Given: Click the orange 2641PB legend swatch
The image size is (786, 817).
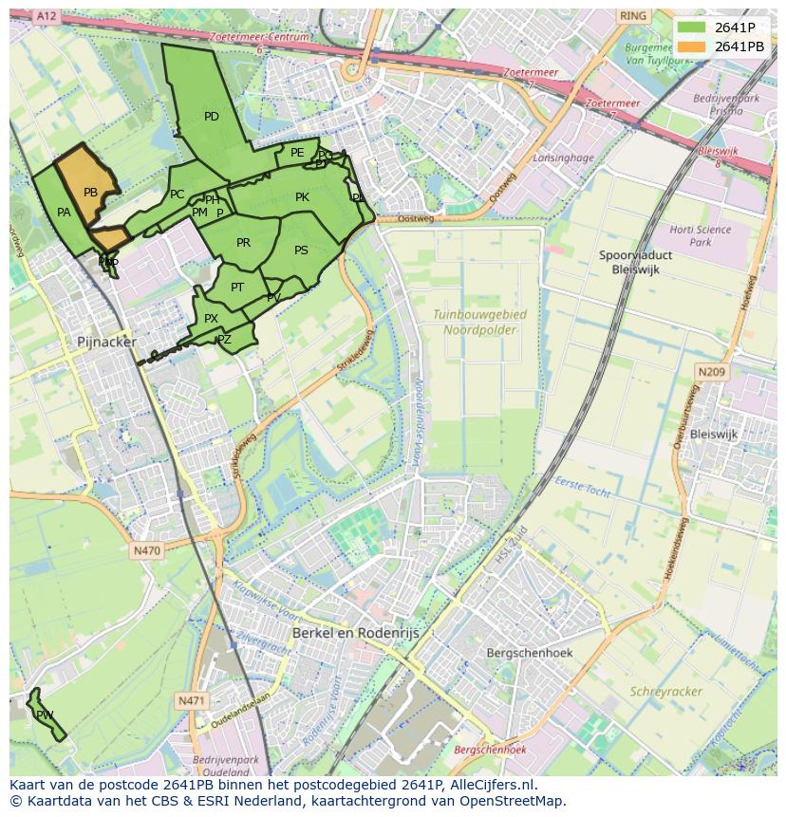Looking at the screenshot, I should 692,46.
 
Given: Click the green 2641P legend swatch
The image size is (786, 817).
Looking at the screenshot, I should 692,28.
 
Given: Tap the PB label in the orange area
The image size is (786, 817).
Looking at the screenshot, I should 90,193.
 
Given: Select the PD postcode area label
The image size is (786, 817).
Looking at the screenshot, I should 212,117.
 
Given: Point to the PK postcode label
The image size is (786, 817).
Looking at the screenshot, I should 302,197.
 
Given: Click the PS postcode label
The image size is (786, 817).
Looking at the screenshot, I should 301,251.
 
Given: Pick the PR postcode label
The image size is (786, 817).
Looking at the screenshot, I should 243,243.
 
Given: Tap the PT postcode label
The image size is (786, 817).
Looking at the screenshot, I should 237,288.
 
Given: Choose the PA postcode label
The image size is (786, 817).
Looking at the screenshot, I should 64,213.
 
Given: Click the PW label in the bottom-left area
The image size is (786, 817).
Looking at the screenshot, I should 45,715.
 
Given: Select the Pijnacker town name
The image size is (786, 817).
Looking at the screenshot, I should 106,342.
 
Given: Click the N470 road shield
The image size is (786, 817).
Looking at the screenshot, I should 147,550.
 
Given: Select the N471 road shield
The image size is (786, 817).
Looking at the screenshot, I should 191,700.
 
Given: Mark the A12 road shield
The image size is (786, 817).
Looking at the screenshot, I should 46,16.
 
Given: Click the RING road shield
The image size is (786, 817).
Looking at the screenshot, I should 632,16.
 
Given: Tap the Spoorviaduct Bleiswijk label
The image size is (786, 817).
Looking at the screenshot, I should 636,263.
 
